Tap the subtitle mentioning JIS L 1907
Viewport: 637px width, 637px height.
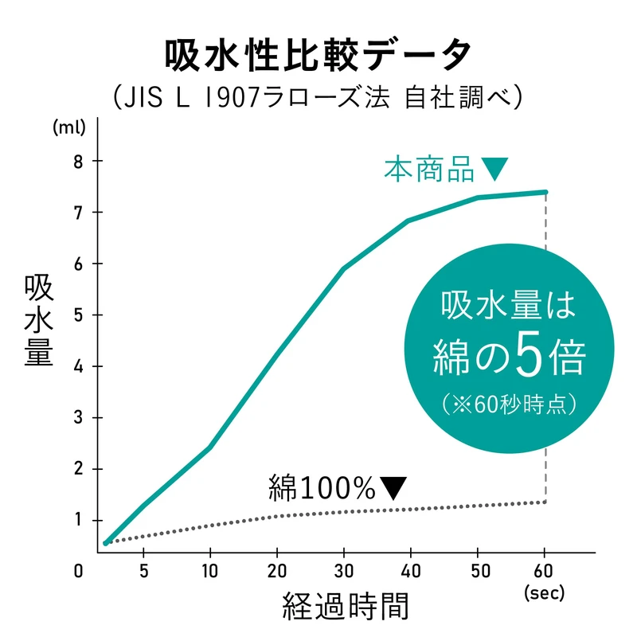(318, 98)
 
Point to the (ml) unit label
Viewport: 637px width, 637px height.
(65, 128)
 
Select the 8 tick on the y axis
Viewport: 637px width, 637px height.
(78, 161)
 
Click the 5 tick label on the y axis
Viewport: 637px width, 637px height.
(78, 315)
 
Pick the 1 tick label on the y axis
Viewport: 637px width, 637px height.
(78, 520)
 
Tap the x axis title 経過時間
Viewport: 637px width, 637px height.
(346, 608)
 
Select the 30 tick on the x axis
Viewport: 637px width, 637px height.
(344, 571)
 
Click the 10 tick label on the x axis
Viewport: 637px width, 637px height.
(210, 571)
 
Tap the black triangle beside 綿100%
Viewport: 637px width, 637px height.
(393, 486)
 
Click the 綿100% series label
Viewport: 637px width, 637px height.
(322, 487)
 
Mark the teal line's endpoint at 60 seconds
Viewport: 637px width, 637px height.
(545, 192)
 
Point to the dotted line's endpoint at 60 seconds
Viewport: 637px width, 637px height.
(545, 502)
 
